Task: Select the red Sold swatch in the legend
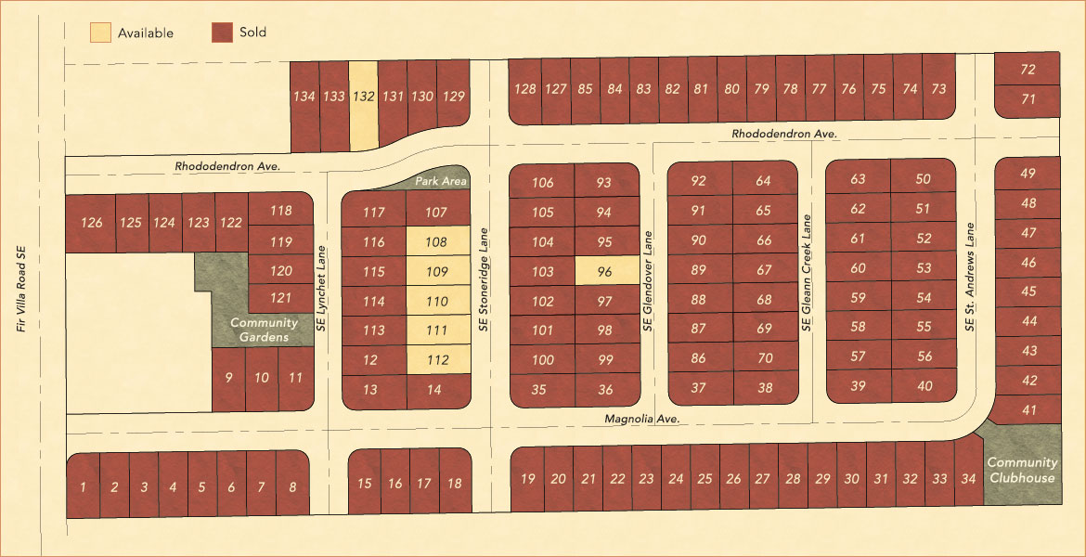(x=222, y=32)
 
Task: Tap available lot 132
(x=364, y=97)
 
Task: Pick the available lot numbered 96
(x=605, y=271)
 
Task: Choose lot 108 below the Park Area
(x=436, y=242)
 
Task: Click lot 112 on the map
(x=436, y=360)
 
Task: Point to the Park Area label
(x=440, y=181)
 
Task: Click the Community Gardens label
(x=264, y=330)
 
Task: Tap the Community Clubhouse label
(x=1021, y=470)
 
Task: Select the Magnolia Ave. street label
(x=642, y=420)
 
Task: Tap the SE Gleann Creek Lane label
(x=807, y=274)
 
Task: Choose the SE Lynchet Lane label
(x=322, y=289)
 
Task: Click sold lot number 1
(x=84, y=486)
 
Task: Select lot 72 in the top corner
(x=1027, y=70)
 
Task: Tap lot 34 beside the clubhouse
(x=968, y=479)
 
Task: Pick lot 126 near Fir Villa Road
(x=91, y=223)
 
